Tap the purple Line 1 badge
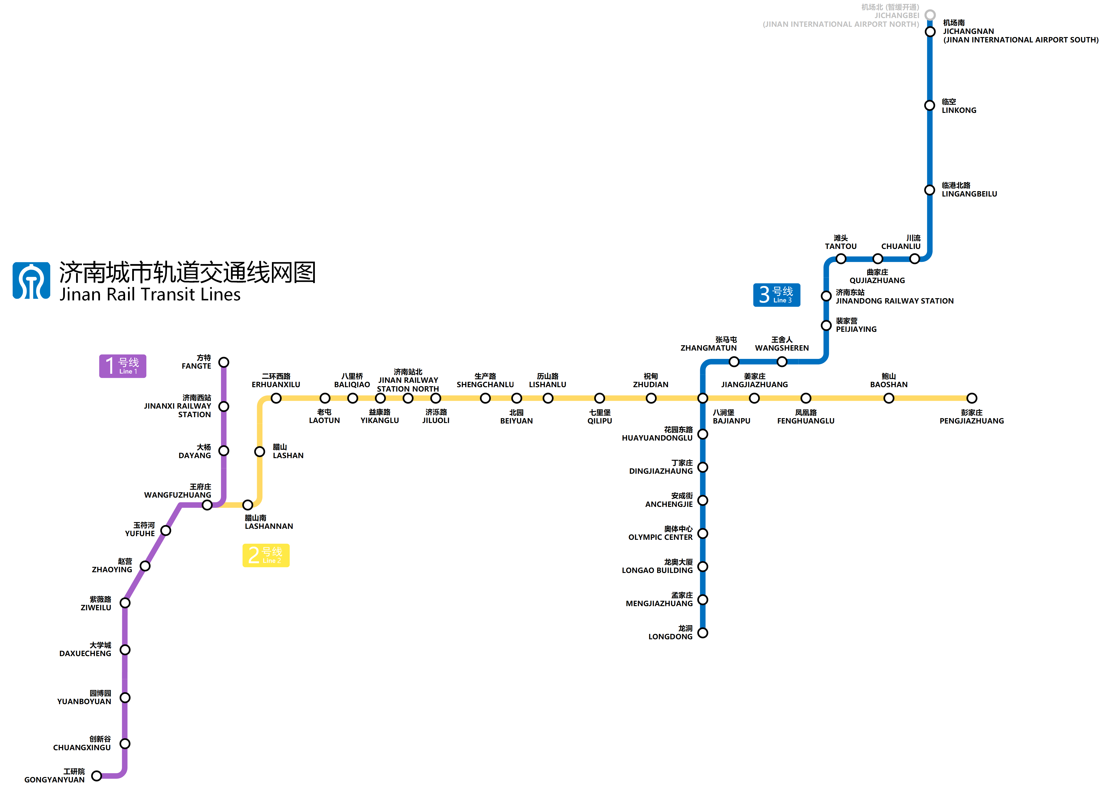[122, 366]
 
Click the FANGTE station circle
[224, 363]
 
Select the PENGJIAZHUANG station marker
[972, 398]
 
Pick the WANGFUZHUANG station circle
[207, 505]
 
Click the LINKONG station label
[958, 106]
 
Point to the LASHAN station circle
[260, 452]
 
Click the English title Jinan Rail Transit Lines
[150, 295]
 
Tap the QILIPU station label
[600, 417]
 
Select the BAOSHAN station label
[889, 380]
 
